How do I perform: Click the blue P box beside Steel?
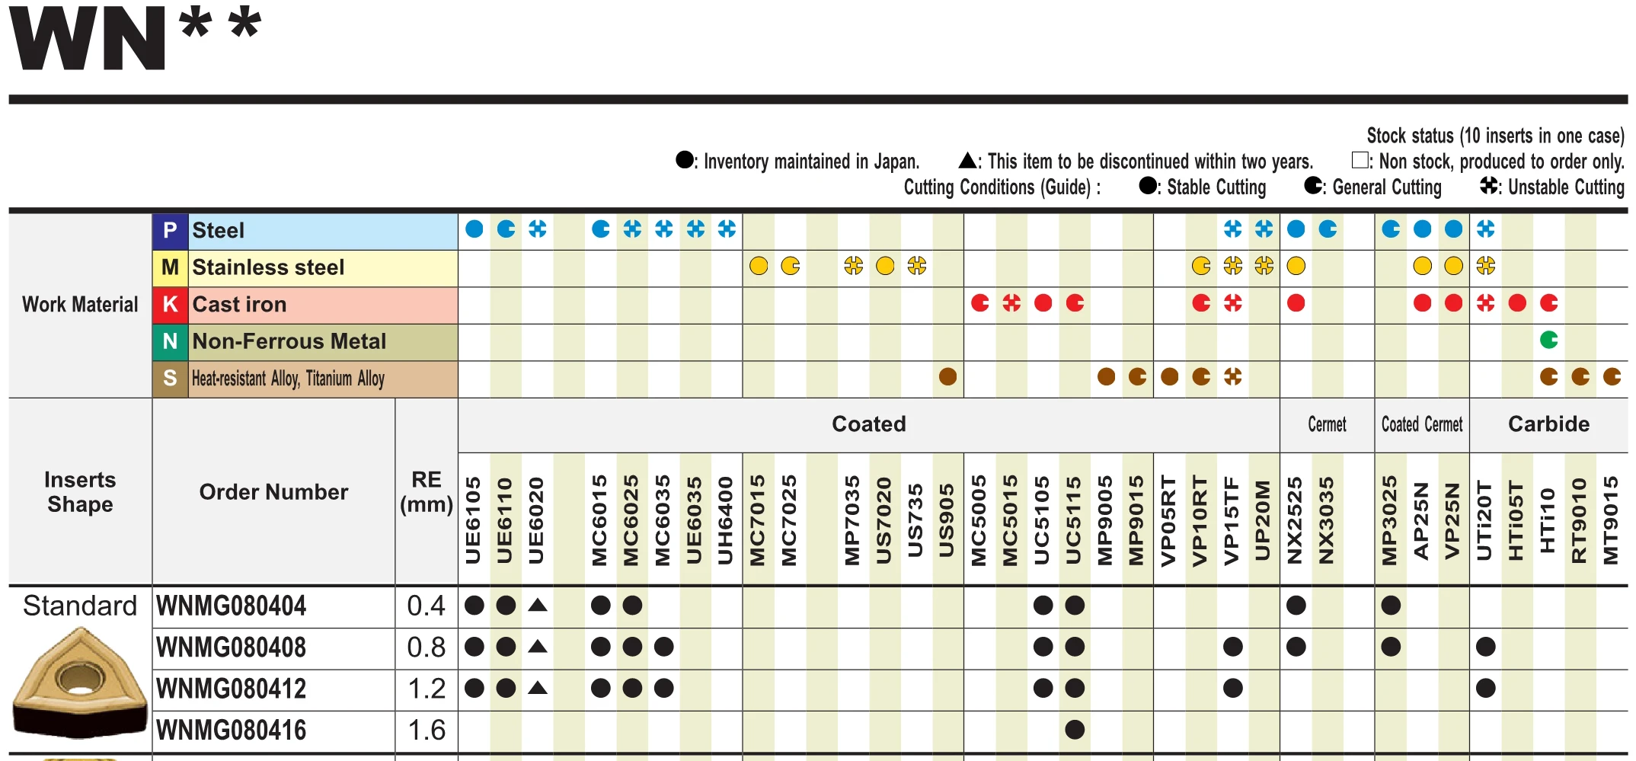coord(170,231)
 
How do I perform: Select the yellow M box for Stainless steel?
coord(170,267)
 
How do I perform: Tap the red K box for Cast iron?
coord(170,305)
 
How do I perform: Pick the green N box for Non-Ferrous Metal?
coord(170,341)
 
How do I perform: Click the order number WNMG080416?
coord(231,731)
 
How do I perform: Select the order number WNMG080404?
coord(231,606)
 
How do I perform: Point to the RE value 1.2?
coord(426,689)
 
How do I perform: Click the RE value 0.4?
coord(426,606)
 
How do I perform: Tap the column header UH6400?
coord(726,520)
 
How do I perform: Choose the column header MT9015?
coord(1610,520)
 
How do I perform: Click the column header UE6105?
coord(473,520)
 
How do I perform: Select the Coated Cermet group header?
coord(1422,424)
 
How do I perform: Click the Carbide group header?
coord(1548,424)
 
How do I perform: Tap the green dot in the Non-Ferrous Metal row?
coord(1548,340)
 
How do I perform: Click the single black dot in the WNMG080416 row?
coord(1075,730)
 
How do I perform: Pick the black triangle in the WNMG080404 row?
coord(538,606)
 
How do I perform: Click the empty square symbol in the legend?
coord(1360,160)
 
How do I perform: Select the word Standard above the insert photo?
coord(80,606)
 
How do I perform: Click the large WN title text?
coord(88,38)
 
